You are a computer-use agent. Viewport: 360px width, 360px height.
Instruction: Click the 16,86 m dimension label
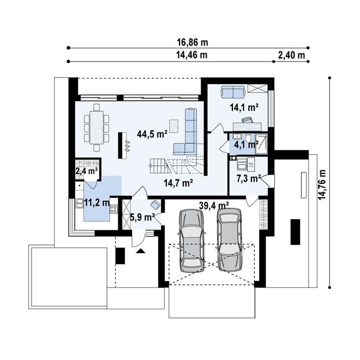click(193, 42)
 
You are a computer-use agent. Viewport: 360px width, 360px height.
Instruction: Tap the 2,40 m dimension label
click(292, 55)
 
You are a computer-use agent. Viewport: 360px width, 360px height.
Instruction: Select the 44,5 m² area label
click(152, 134)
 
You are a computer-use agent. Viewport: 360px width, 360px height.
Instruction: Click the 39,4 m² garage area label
click(214, 206)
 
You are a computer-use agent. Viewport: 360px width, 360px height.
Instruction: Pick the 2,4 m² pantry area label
click(87, 171)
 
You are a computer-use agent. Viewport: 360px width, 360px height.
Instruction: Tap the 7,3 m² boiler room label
click(249, 178)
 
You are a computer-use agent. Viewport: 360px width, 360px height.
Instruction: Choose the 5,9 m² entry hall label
click(142, 217)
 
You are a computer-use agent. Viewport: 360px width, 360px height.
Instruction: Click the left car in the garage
click(191, 241)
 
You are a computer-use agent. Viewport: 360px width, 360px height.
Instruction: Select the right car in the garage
click(230, 240)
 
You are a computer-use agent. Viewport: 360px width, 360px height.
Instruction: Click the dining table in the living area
click(97, 128)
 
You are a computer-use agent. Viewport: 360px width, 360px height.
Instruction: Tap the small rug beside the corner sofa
click(174, 127)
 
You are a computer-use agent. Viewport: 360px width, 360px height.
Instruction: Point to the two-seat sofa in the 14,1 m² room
click(233, 92)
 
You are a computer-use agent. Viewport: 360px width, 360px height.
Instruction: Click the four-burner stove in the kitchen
click(113, 209)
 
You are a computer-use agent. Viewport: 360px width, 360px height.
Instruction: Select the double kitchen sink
click(80, 203)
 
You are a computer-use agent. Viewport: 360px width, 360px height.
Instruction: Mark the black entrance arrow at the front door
click(140, 251)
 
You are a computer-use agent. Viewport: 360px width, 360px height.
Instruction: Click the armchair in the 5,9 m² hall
click(155, 204)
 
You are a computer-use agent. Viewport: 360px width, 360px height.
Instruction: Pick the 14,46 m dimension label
click(191, 55)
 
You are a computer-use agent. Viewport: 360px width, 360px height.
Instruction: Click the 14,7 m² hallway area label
click(178, 183)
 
